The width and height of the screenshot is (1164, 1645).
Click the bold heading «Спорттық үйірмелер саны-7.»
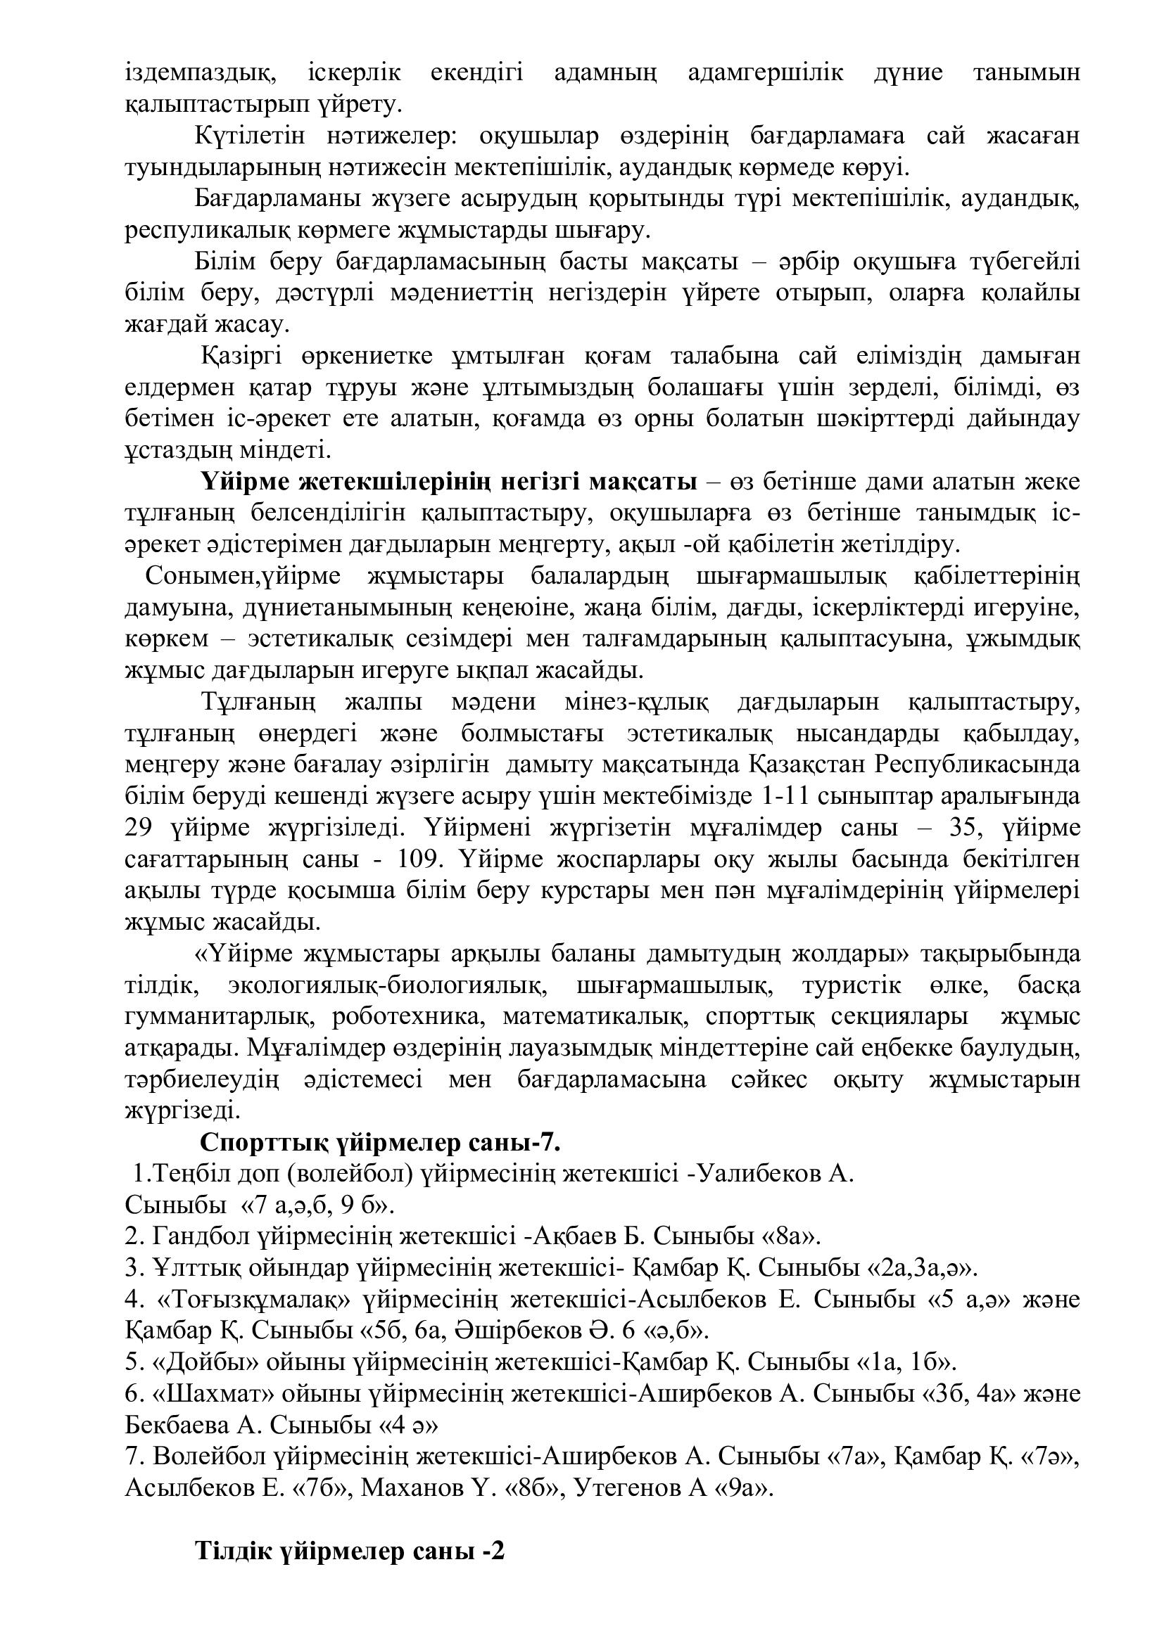[x=380, y=1143]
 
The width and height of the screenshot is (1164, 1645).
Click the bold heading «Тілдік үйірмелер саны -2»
[x=350, y=1585]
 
